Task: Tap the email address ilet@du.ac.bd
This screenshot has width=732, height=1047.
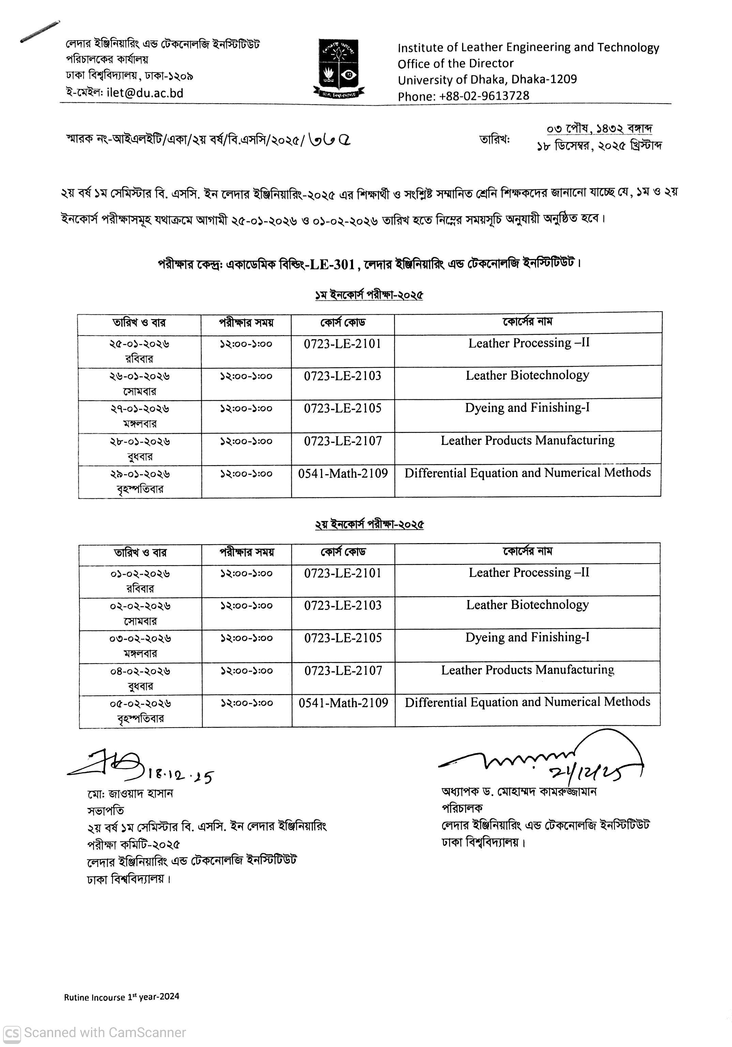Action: (x=145, y=93)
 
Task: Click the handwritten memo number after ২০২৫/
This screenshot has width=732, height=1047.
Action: (x=329, y=139)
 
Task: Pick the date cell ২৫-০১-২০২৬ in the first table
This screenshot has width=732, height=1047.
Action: (x=139, y=344)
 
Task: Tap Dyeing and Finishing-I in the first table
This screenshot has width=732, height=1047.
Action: (x=527, y=408)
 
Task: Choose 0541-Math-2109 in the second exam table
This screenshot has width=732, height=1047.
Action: (x=343, y=703)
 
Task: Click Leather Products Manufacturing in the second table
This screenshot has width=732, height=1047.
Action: (x=527, y=670)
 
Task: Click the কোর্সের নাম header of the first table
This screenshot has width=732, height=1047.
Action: (x=527, y=322)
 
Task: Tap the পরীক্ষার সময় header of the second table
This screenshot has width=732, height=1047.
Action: (x=247, y=552)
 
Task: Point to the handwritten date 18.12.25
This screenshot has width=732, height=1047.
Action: (x=181, y=775)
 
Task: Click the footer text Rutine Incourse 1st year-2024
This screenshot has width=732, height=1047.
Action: (x=121, y=997)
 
